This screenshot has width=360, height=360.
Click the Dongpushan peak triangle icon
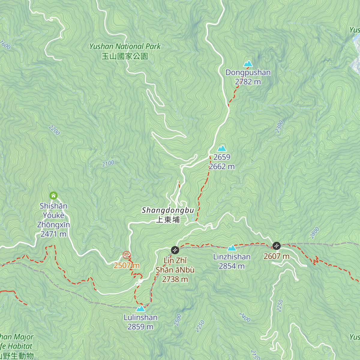(x=248, y=64)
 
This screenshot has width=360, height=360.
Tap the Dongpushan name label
(x=248, y=73)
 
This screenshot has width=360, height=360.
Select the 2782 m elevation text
(x=248, y=82)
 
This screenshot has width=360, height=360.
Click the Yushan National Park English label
(x=125, y=46)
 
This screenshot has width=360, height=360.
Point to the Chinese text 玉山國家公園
(x=125, y=56)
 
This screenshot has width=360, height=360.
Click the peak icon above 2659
(x=222, y=148)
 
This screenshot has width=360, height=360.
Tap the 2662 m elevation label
(x=222, y=166)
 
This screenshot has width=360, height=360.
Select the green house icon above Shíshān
(x=53, y=196)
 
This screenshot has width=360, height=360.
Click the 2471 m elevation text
(x=53, y=234)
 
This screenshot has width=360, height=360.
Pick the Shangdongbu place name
(x=168, y=210)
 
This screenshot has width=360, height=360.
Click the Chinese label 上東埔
(x=168, y=220)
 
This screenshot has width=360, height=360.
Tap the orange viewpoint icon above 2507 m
(x=127, y=255)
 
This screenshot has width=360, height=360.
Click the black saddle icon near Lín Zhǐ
(x=175, y=250)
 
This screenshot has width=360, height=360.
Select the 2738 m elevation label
(x=175, y=279)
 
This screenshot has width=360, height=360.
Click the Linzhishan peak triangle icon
(x=232, y=248)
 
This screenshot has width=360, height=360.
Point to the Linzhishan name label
(x=232, y=257)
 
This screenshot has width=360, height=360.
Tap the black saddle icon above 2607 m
(x=276, y=246)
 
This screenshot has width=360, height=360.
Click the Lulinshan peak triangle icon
(x=140, y=308)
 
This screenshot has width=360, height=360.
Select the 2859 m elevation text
(x=140, y=327)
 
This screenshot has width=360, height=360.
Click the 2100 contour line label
(x=108, y=163)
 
